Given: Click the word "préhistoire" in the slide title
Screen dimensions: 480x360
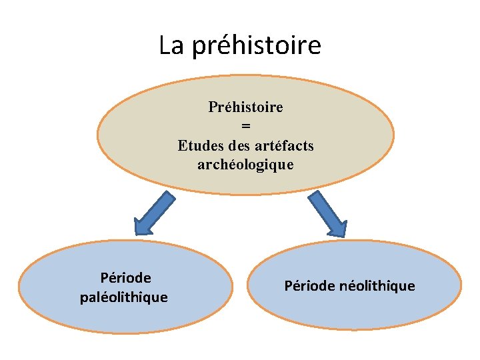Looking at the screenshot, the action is [256, 45].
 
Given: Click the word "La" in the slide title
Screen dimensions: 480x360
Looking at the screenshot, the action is [171, 45].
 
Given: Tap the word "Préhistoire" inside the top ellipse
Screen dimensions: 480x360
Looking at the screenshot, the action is [245, 107].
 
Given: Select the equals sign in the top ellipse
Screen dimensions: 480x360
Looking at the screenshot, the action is [245, 126].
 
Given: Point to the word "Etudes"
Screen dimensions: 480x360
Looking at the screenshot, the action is [201, 145].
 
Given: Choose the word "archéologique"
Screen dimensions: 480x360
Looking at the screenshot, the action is [245, 164].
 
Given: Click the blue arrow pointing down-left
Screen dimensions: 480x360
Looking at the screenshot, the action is [154, 213].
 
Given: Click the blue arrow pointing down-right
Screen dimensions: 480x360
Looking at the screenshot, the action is [328, 213].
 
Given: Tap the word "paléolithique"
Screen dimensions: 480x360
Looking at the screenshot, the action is [124, 297].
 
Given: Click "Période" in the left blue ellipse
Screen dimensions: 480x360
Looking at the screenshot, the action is [125, 277].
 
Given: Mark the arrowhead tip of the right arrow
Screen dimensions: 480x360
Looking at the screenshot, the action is [345, 236].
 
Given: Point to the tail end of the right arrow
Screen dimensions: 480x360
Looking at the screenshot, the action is [313, 194].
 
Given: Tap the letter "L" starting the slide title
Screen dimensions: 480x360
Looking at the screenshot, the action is [164, 45].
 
